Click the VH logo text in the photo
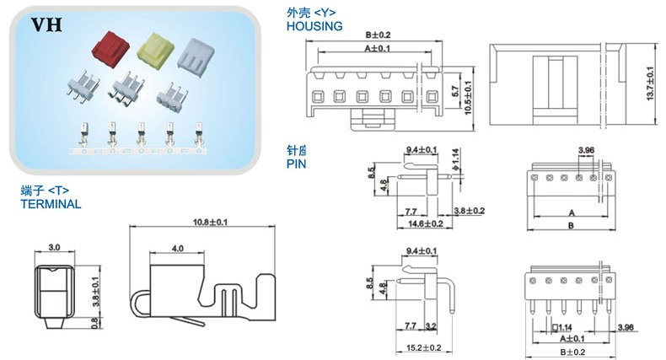click(44, 25)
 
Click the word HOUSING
click(314, 26)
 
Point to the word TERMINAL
click(50, 204)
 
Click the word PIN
click(296, 165)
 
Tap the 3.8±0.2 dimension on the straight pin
click(469, 210)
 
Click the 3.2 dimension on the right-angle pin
click(430, 324)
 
